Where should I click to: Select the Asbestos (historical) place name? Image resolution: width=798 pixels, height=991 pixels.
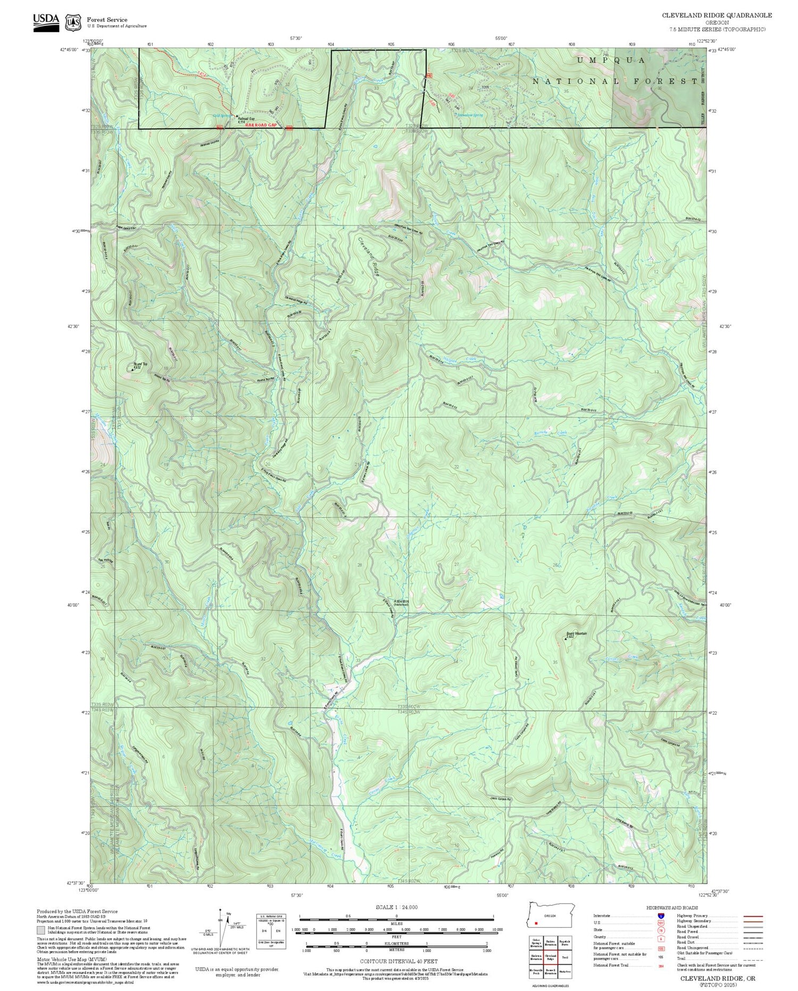click(x=401, y=602)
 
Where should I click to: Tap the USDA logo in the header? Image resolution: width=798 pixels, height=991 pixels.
click(x=46, y=20)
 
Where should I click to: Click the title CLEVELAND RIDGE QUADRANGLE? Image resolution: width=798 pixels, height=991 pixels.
click(x=717, y=15)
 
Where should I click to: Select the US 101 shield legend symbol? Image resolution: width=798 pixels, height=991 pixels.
click(x=661, y=923)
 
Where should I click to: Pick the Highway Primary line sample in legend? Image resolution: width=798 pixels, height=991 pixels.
click(x=752, y=916)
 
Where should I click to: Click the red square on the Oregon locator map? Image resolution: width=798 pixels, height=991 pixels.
click(x=536, y=923)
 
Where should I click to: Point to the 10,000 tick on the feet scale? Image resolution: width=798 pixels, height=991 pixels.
click(x=497, y=929)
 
